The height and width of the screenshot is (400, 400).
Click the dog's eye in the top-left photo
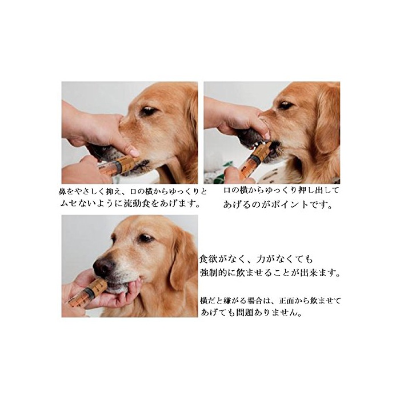(148, 111)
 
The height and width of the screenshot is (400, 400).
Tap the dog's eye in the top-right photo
(285, 105)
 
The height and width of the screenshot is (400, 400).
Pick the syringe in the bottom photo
(87, 293)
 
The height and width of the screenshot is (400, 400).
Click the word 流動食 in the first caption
(137, 203)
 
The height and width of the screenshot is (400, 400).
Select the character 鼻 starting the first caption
(63, 192)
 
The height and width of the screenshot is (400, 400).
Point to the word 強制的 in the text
(214, 273)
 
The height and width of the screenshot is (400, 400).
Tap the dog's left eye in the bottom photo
(146, 238)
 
